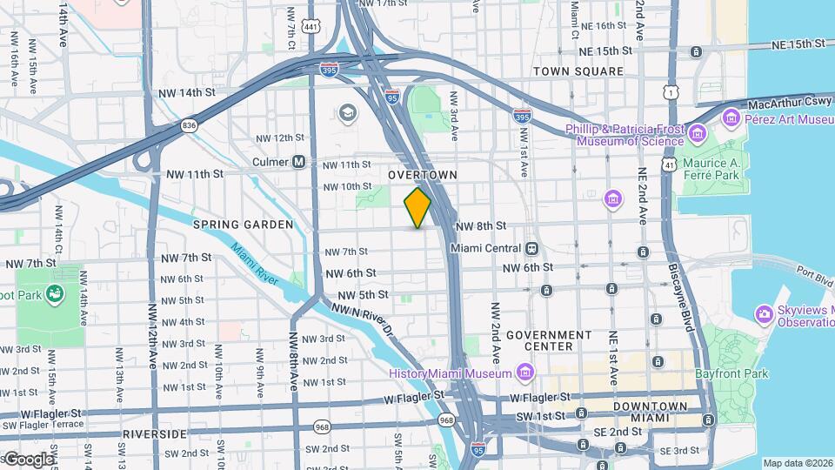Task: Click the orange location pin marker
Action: tap(417, 207)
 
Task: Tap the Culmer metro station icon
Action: tap(299, 162)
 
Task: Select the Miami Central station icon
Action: tap(530, 248)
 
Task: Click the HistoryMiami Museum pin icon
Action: tap(524, 373)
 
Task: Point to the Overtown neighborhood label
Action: tap(423, 175)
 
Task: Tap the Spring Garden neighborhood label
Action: tap(231, 225)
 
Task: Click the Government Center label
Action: tap(549, 340)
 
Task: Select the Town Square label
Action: tap(578, 71)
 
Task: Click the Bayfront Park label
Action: tap(731, 374)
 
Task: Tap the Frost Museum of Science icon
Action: tap(697, 133)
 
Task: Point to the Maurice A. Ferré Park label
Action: tap(711, 168)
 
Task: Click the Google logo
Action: tap(29, 459)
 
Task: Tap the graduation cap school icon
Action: tap(348, 113)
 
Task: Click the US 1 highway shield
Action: tap(669, 91)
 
